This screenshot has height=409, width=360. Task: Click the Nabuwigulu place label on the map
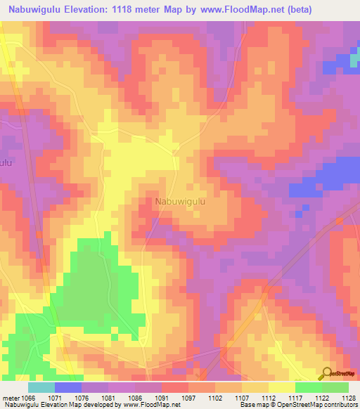[180, 202]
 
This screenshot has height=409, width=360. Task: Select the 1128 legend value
[349, 398]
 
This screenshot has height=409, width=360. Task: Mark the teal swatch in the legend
[41, 387]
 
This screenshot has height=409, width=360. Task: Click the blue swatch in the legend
[68, 387]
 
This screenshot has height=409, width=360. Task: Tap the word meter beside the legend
[10, 398]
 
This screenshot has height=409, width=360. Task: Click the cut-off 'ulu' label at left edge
[6, 162]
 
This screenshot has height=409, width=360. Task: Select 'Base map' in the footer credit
[255, 405]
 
